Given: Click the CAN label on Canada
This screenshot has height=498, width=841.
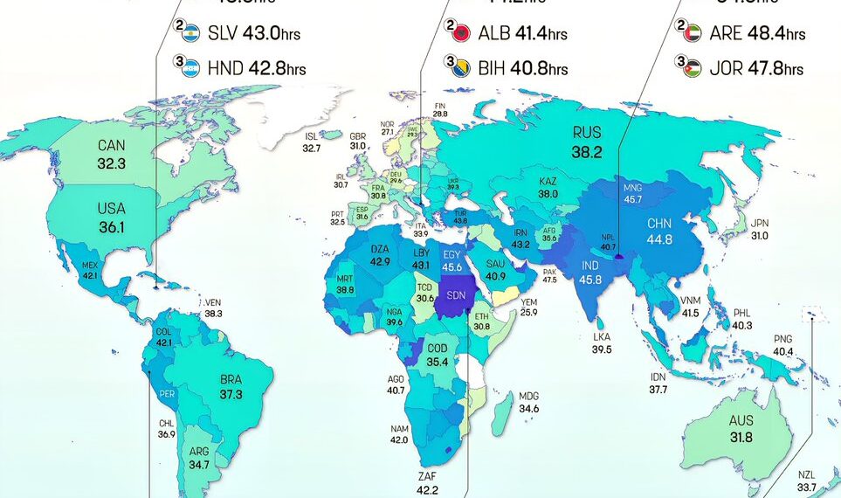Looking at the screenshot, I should click(x=111, y=146).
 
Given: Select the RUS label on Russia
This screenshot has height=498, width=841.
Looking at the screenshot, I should click(x=587, y=133).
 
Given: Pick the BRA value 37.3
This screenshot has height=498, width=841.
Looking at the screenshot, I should click(x=231, y=394).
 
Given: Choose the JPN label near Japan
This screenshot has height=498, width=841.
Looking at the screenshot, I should click(x=761, y=223).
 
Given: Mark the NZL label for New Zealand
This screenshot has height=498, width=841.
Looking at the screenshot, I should click(x=807, y=474).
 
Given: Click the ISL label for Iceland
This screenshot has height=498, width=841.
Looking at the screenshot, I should click(x=312, y=136).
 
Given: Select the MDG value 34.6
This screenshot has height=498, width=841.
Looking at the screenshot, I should click(x=528, y=408).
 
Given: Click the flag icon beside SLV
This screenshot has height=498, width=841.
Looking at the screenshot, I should click(x=185, y=34).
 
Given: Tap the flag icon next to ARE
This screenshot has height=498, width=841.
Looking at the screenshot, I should click(x=689, y=34).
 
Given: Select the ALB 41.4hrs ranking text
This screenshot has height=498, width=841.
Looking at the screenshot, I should click(x=523, y=34).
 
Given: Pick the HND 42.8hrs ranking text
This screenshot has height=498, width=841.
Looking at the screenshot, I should click(x=257, y=69).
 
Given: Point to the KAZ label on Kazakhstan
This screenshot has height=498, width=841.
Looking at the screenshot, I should click(x=548, y=181).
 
